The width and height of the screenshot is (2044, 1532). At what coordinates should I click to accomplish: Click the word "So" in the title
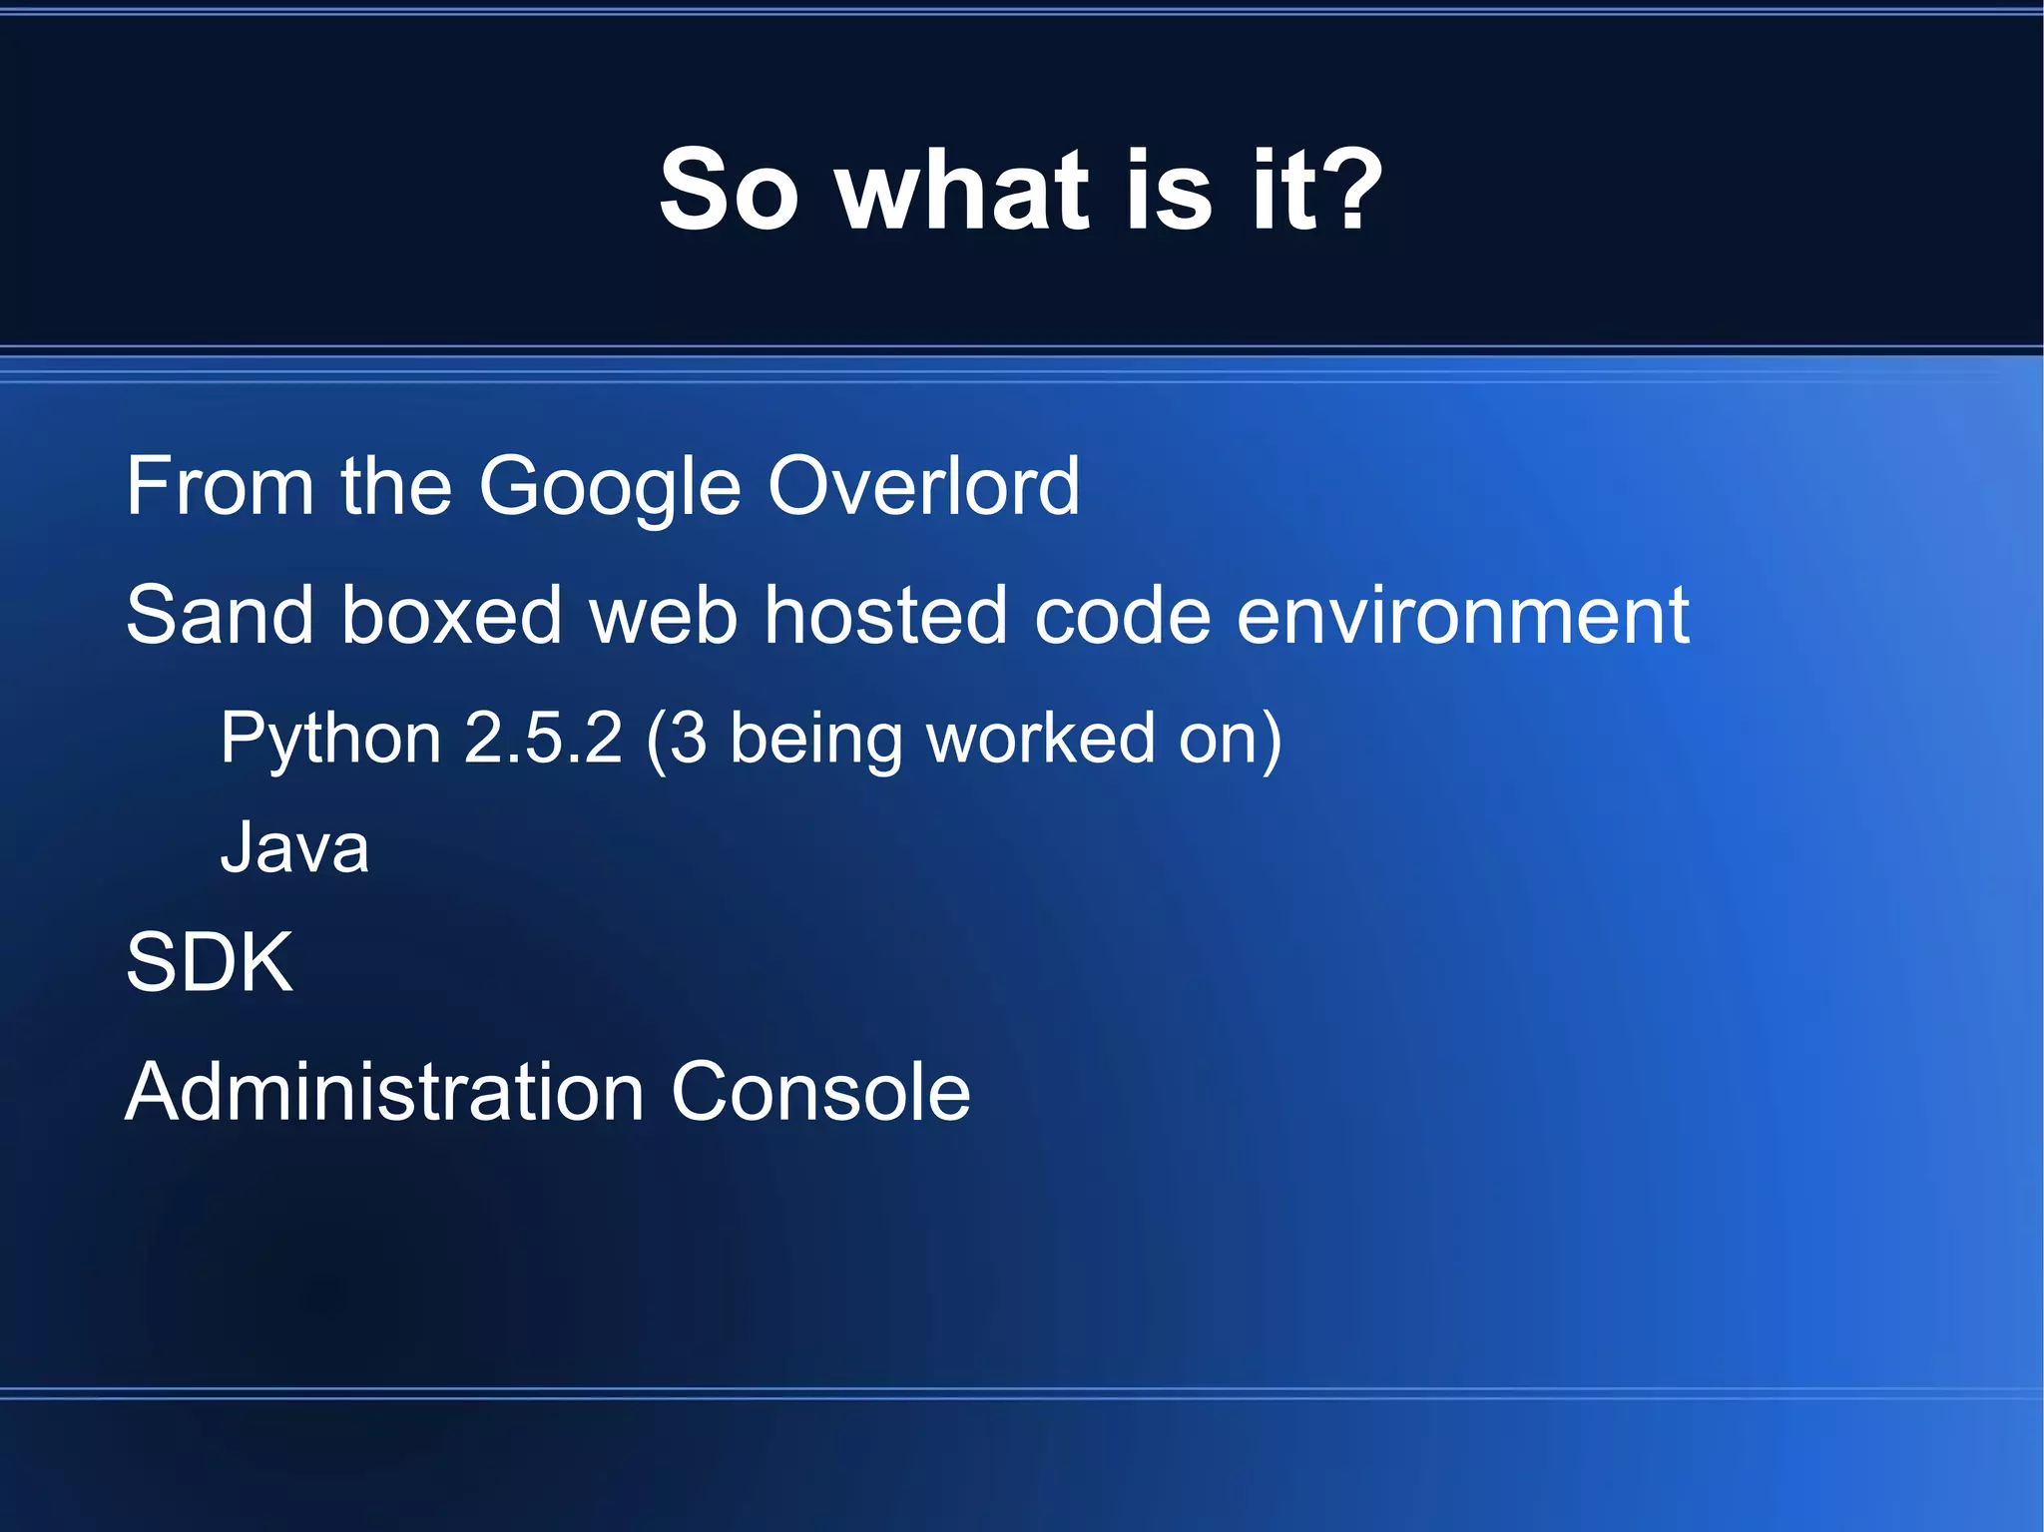pos(729,190)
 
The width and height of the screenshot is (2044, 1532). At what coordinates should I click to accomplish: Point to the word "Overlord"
pos(923,486)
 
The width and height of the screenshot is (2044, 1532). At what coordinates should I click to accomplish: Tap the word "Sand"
pos(220,615)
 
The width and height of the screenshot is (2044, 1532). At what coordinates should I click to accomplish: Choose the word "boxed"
pos(451,615)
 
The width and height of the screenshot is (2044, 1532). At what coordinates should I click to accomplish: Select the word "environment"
pos(1462,615)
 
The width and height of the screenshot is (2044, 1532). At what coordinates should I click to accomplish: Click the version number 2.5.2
pos(544,739)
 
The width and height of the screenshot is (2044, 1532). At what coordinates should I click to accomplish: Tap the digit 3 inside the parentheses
pos(688,739)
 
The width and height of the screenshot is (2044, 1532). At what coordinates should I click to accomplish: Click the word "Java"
pos(294,848)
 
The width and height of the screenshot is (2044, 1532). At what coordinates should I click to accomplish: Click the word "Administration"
pos(384,1092)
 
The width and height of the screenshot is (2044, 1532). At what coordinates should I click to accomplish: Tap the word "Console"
pos(820,1092)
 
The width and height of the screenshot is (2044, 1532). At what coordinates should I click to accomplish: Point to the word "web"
pos(664,615)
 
